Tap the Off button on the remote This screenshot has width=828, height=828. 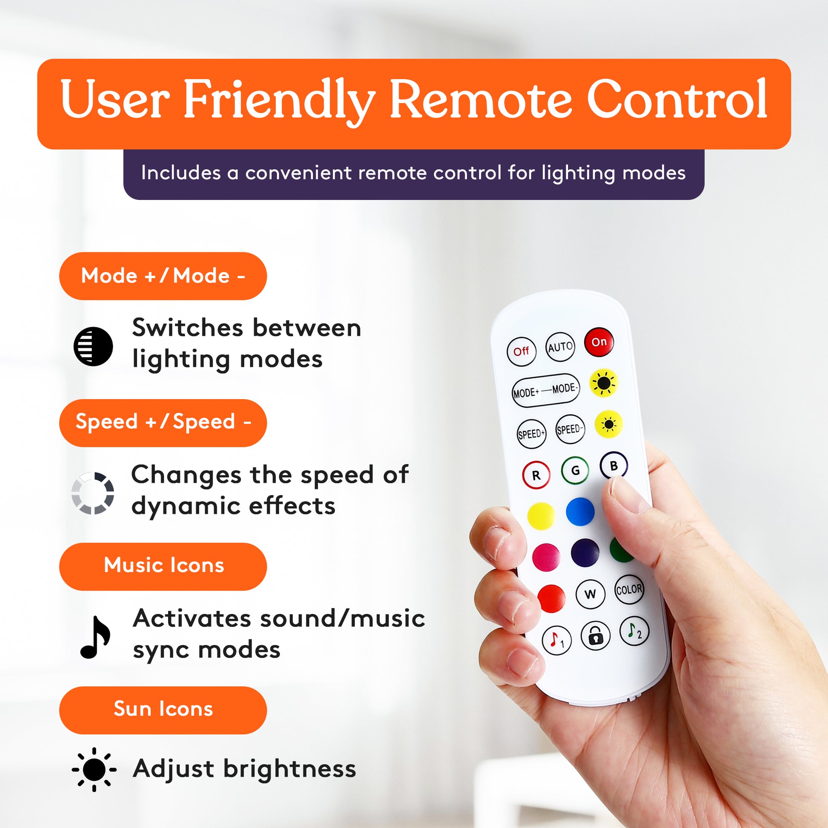pos(521,351)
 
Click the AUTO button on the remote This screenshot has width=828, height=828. pos(560,347)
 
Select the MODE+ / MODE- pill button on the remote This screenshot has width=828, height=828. pos(545,391)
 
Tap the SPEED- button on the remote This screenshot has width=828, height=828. pos(570,429)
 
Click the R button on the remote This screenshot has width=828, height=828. pos(536,475)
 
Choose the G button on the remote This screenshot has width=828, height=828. pos(575,471)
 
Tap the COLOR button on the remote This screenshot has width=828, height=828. pos(629,590)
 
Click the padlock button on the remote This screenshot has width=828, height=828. pos(595,636)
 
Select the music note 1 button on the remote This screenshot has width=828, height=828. pos(557,640)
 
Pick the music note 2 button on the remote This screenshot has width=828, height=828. pos(634,631)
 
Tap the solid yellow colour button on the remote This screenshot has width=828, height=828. pos(541,516)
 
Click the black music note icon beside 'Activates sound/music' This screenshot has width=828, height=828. pos(95,637)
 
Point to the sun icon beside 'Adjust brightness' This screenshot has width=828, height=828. pos(94,769)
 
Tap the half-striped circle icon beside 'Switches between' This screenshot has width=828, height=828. pos(93,346)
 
